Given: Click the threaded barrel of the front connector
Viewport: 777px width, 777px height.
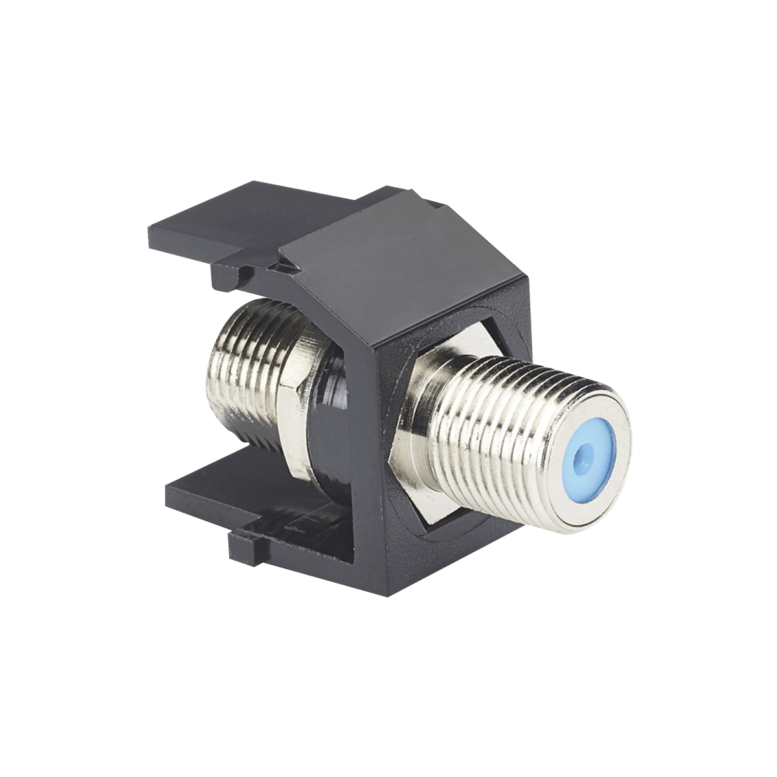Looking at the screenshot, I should pyautogui.click(x=492, y=414).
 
